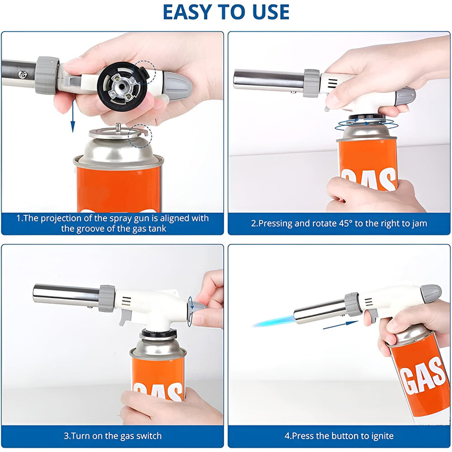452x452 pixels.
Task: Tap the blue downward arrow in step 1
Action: [x=73, y=116]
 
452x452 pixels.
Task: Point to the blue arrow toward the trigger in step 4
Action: [x=340, y=325]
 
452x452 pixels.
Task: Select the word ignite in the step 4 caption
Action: [x=381, y=436]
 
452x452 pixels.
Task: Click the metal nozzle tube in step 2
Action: [x=268, y=80]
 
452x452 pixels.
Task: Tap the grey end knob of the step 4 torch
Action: [x=431, y=293]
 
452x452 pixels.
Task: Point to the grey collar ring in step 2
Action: [x=311, y=83]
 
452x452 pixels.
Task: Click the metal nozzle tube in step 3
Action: [x=66, y=295]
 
